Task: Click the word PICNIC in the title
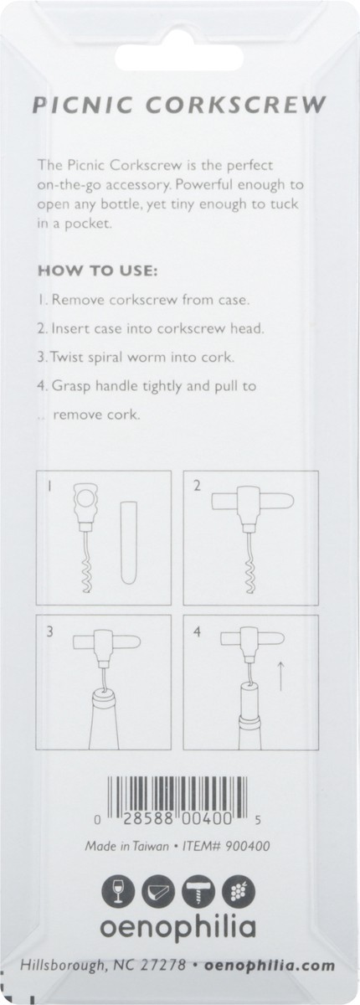[80, 106]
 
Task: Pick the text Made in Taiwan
[121, 846]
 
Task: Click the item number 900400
[248, 846]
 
